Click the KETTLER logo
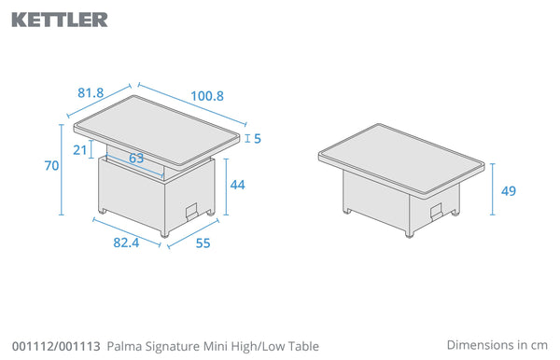point(60,20)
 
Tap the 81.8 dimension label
point(91,92)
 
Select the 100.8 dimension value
point(207,96)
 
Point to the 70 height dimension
point(51,166)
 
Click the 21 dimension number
point(80,150)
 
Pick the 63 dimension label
point(136,158)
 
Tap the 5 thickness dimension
point(258,138)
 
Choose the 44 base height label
point(237,185)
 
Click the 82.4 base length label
point(126,242)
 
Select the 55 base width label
point(203,243)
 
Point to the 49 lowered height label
point(509,191)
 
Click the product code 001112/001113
point(56,346)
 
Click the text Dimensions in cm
point(497,345)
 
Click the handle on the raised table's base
point(192,211)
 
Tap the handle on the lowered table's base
point(437,211)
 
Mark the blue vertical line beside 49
point(493,189)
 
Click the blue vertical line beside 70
point(62,170)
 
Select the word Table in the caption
point(303,346)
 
